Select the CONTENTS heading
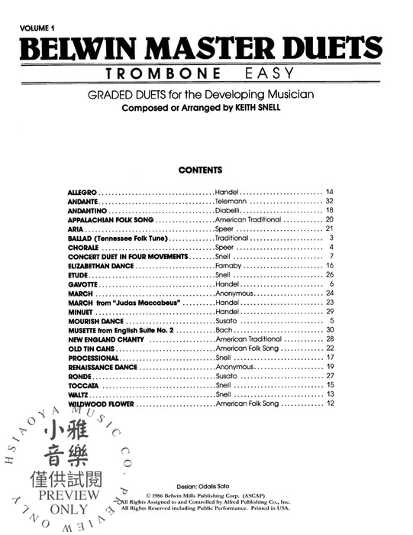click(200, 169)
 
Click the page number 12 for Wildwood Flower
click(330, 404)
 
